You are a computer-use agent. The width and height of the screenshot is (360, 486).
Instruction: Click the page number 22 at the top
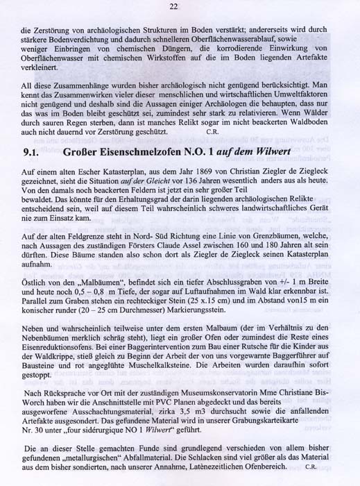tap(174, 7)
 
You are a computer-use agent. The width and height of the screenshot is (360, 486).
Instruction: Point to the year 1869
tap(185, 188)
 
